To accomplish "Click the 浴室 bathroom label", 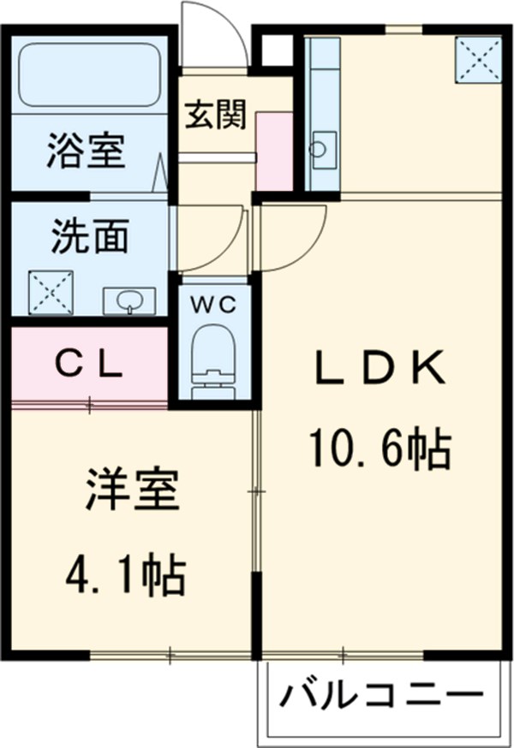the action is [x=86, y=151].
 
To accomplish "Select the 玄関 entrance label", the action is [x=216, y=114].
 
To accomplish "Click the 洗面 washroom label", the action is [x=90, y=235].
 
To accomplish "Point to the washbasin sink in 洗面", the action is [x=129, y=301].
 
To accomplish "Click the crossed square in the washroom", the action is [x=51, y=293].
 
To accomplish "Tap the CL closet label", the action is [x=89, y=365].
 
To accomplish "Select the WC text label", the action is [x=214, y=304].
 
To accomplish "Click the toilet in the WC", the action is [x=213, y=362].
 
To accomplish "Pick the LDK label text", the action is [x=380, y=367].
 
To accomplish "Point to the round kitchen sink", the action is [x=317, y=148].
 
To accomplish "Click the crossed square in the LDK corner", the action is [x=478, y=60].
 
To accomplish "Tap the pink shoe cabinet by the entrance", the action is [x=274, y=151].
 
